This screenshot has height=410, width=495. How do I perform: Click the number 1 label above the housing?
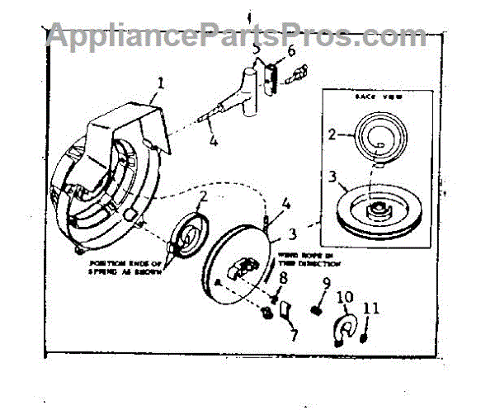(161, 82)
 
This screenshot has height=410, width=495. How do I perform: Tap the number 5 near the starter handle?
(256, 49)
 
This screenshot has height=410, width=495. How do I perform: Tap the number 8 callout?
(283, 278)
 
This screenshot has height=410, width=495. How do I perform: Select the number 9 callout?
(325, 284)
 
